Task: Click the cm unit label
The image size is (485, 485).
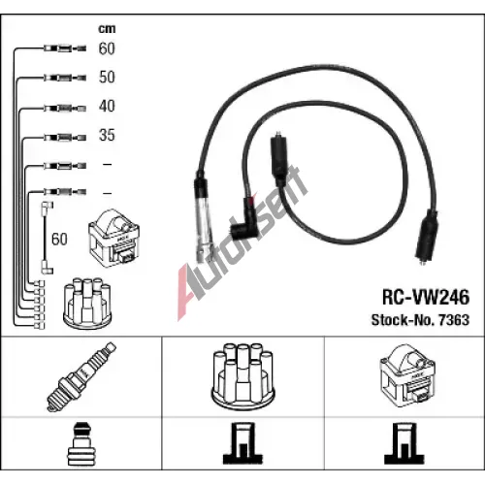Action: pos(107,29)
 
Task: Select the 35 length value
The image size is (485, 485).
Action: pos(107,135)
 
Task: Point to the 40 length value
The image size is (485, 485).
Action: pos(107,106)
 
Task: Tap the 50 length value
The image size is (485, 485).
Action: pos(107,77)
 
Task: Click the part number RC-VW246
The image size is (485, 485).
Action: pos(426,297)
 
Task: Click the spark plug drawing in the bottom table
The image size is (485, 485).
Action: pos(81,376)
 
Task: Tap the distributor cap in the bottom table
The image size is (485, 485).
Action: pos(243,376)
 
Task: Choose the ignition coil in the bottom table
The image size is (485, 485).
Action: pos(407,375)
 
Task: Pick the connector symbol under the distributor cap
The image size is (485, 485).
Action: pos(242,443)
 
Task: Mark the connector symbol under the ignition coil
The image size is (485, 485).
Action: pos(404,443)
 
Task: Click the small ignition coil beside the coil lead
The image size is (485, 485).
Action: pos(113,238)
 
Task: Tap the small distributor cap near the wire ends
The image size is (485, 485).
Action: pos(87,302)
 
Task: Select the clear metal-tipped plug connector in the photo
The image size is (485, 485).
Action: pos(204,216)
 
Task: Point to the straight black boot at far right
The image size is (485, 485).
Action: pos(427,236)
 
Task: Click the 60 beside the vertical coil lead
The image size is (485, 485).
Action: pos(59,240)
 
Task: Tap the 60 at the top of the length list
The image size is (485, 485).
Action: pos(107,48)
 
